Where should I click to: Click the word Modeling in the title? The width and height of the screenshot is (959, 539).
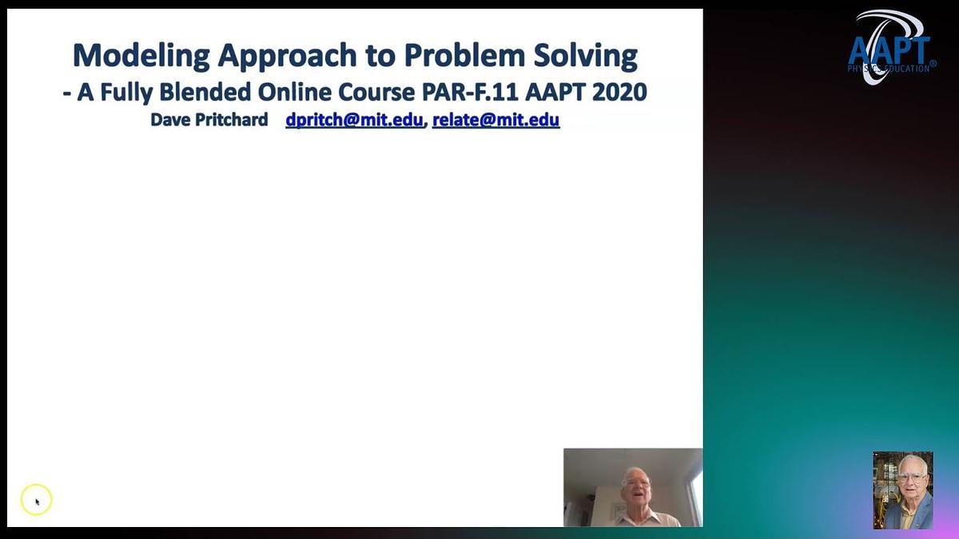pos(141,56)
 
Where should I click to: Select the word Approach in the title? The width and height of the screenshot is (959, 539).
pos(287,56)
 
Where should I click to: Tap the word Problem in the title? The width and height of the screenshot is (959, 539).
pos(464,55)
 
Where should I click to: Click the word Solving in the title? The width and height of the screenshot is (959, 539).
pos(586,56)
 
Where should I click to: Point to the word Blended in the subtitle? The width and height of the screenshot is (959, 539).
pos(205,92)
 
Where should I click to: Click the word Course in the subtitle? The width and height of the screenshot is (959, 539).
pos(376,92)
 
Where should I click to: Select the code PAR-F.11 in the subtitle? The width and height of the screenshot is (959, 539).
pos(470,92)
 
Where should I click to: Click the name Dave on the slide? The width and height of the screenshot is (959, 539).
pos(170,120)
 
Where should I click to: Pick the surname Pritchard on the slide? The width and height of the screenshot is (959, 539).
pos(232,120)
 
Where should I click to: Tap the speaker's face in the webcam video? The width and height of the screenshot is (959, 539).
pos(637,489)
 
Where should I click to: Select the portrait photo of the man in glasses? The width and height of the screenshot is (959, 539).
pos(903,490)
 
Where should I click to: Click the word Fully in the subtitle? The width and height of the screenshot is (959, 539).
pos(126,93)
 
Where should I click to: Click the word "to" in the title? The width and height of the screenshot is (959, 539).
pos(380,57)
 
